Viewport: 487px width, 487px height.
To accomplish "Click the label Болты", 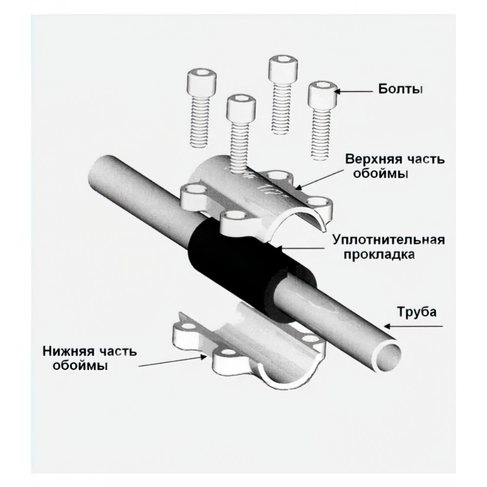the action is [x=400, y=90].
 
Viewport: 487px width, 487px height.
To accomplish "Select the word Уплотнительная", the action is [x=389, y=240].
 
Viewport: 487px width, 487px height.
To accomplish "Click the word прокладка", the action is [x=379, y=254].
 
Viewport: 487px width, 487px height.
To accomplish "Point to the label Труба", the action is [x=417, y=312].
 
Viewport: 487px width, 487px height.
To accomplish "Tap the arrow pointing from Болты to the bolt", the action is [x=354, y=92].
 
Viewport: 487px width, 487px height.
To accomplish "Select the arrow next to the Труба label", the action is [x=413, y=326].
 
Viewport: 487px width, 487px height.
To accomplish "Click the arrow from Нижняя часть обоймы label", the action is [x=173, y=361].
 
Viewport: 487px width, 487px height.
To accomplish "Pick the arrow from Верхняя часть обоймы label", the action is [x=319, y=179].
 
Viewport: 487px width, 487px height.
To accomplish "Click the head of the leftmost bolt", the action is [x=202, y=81].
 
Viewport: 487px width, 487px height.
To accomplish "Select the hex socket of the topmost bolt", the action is [x=284, y=59].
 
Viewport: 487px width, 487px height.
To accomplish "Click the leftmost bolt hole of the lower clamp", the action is [x=187, y=326].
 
